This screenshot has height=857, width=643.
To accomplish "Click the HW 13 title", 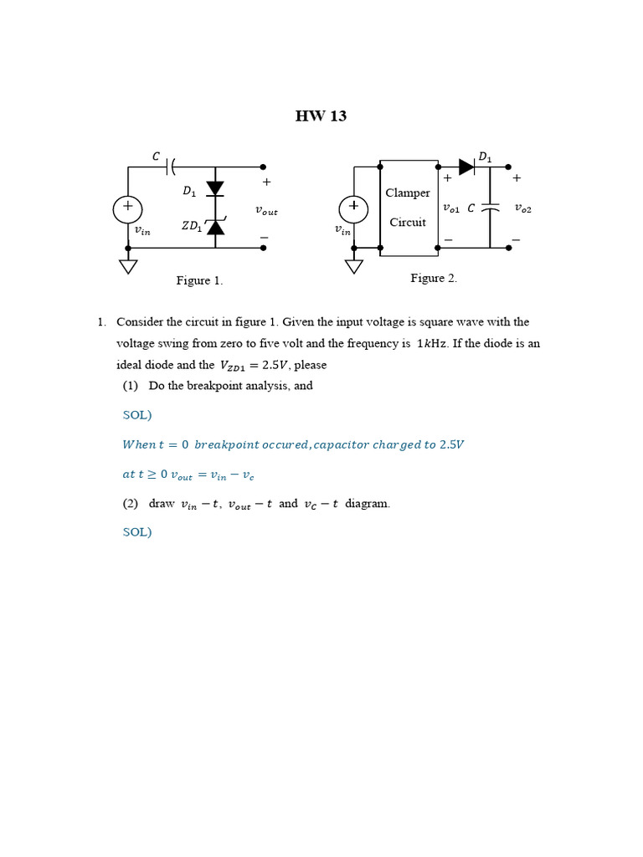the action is [321, 116].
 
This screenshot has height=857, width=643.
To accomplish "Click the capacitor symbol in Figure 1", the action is [171, 167].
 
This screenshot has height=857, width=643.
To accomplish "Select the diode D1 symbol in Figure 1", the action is [215, 188].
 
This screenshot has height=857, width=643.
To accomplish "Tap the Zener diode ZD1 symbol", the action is [215, 227].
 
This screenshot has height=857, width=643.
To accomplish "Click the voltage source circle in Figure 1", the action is [128, 209].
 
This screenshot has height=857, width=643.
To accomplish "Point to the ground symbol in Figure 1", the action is [128, 266].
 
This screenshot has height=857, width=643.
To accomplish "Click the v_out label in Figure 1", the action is [266, 211].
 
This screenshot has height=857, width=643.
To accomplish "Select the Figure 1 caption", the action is [199, 280].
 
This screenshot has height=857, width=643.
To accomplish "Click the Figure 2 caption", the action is [434, 278].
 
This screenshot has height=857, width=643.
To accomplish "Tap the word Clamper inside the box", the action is [408, 193].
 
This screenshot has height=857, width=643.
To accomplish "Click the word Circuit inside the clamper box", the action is [408, 223].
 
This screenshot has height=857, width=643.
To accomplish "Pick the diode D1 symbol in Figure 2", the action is [466, 167].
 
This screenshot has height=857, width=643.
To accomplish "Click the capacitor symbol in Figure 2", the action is [491, 208].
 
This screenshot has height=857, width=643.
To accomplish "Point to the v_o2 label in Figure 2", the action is [522, 208].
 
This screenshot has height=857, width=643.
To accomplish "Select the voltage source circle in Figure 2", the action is [353, 209].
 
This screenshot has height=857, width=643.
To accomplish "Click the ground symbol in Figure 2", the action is [354, 266].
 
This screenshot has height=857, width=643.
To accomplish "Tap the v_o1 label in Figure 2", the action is [450, 208].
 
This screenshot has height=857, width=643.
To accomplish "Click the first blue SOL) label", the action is [137, 415].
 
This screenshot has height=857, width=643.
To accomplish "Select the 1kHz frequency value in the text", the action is [431, 344].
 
